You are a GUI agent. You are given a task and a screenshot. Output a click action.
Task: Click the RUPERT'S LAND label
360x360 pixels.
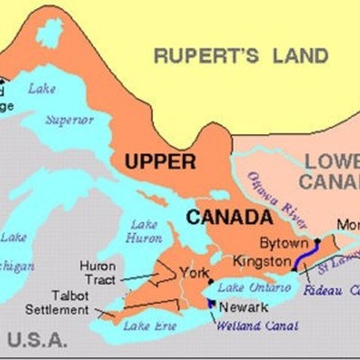click(240, 57)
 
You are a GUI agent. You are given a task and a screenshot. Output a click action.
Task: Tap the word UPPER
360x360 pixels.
click(159, 162)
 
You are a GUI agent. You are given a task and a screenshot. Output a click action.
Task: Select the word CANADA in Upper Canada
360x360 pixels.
click(229, 218)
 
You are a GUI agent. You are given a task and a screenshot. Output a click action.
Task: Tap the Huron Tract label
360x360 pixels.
click(97, 273)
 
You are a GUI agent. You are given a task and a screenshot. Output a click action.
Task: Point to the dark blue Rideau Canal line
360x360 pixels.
click(304, 260)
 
